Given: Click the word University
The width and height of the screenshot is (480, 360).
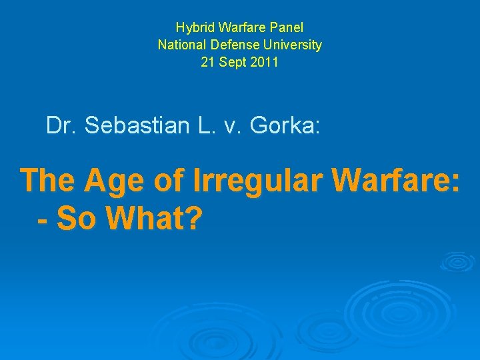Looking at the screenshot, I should coord(291,45).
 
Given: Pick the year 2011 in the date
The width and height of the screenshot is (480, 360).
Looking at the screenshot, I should coord(265,63).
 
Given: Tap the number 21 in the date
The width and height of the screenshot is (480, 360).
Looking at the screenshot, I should coord(208,63).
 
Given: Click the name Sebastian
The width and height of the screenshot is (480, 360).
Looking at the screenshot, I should coord(133,125).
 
